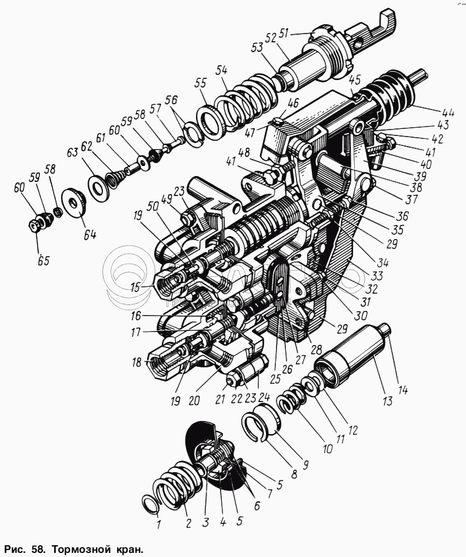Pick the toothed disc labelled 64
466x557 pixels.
75,203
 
